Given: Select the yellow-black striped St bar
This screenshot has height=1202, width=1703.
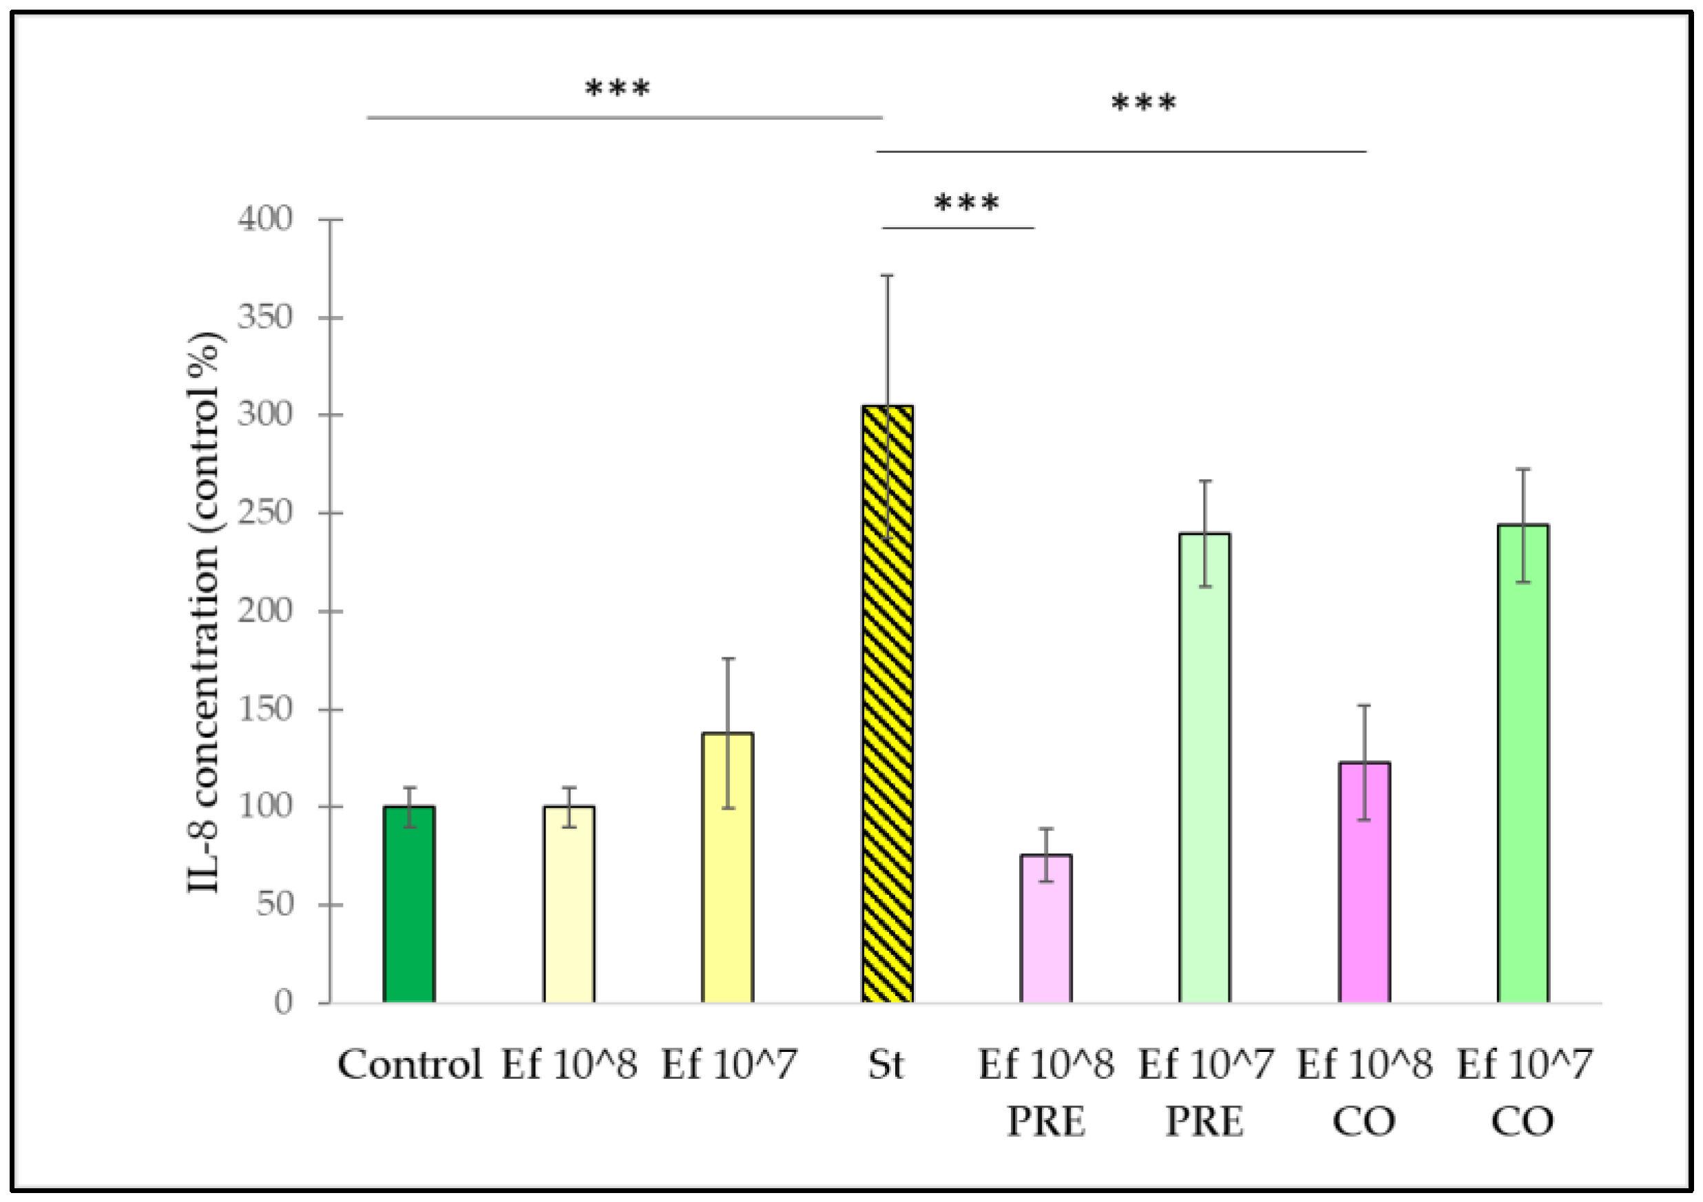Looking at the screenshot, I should click(887, 704).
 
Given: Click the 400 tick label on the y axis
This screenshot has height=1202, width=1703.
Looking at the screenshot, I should click(265, 219).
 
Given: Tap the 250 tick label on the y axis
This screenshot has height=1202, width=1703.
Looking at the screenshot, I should click(265, 512).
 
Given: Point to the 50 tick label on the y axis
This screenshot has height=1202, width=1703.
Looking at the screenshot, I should click(275, 904).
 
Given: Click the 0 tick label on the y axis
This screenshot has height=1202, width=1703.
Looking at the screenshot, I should click(283, 1002).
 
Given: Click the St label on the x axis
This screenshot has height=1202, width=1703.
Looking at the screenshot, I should click(886, 1065).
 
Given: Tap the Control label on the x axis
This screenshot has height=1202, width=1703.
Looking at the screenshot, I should click(410, 1065).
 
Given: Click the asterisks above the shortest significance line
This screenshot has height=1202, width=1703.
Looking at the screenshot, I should click(966, 202).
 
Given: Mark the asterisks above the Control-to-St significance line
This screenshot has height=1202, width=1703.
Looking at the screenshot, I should click(617, 89).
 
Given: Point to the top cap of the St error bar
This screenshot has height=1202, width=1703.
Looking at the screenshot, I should click(887, 276).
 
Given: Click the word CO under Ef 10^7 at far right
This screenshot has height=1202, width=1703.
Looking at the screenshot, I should click(1523, 1122).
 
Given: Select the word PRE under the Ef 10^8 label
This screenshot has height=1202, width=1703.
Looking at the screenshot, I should click(1046, 1122).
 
